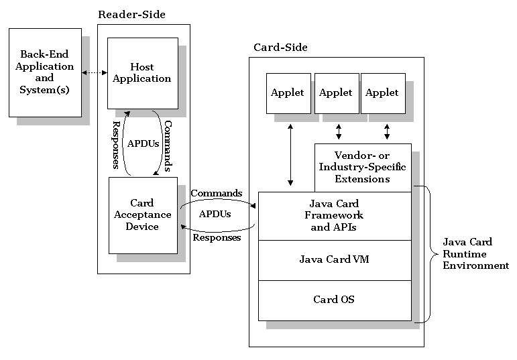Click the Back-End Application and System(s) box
(46, 72)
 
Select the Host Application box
(142, 73)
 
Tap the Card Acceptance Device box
(142, 215)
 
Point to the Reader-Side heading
(131, 14)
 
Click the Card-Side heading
(280, 47)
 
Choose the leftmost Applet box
(288, 93)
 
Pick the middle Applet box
(336, 93)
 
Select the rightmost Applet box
(382, 93)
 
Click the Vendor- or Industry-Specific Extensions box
(363, 168)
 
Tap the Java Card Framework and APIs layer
(334, 215)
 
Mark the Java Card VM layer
(334, 259)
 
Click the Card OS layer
(334, 300)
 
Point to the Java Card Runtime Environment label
(475, 253)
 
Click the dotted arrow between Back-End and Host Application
(95, 72)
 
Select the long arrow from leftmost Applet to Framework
(290, 154)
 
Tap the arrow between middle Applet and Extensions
(339, 130)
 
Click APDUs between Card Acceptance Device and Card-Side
(215, 215)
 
